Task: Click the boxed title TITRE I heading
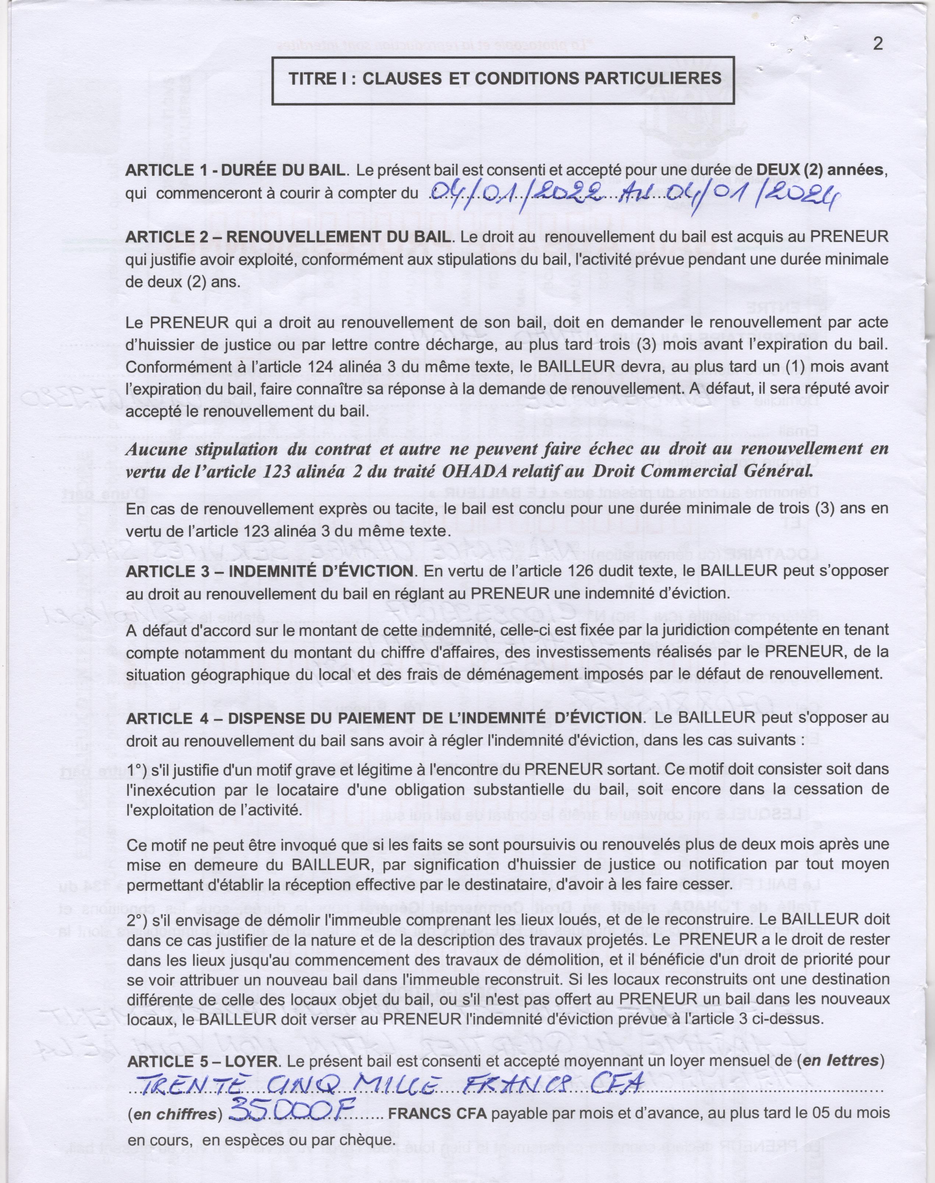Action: (x=505, y=78)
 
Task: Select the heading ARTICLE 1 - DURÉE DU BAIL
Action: (x=235, y=170)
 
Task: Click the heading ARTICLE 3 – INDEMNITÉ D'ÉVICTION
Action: (x=269, y=571)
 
